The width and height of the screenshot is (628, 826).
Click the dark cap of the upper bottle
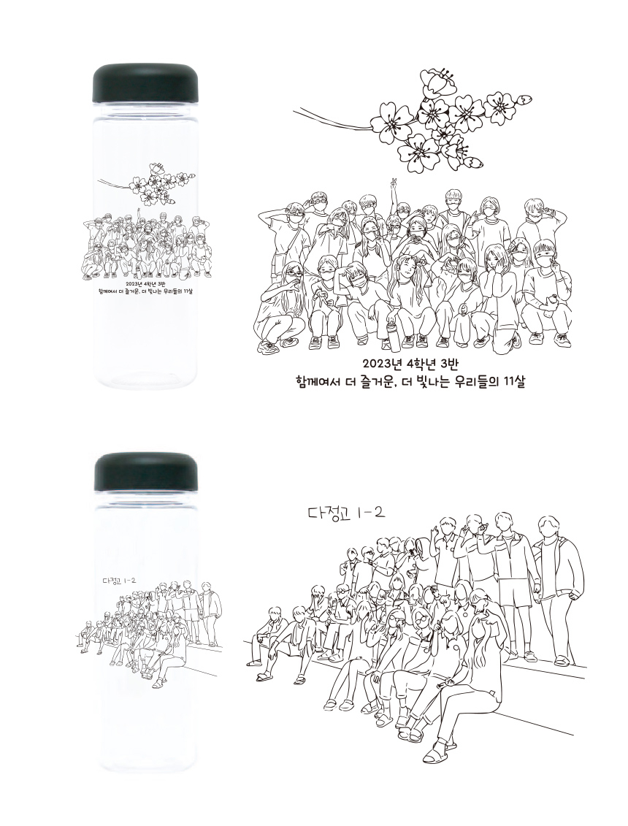145,84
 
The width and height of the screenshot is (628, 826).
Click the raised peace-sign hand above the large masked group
394,183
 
